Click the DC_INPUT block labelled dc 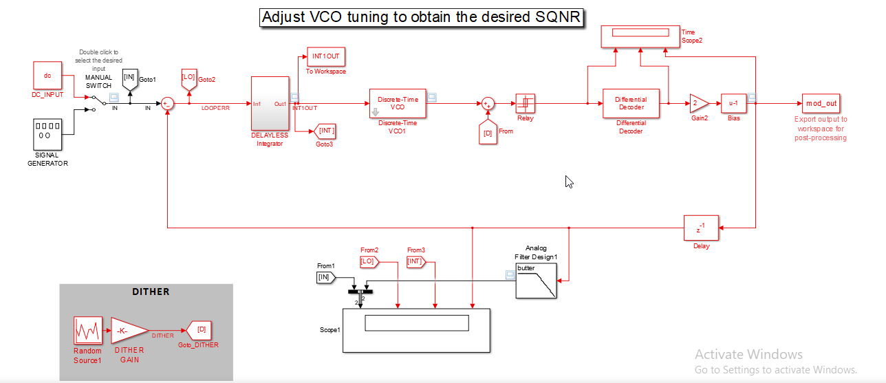[x=47, y=75]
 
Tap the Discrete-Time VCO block [x=398, y=104]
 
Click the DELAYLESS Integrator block [x=270, y=104]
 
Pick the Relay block [x=525, y=104]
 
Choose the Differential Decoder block [x=631, y=104]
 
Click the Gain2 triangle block [x=698, y=104]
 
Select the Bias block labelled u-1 [x=733, y=104]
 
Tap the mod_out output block [x=821, y=104]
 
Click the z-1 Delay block [x=700, y=228]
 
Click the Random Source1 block [x=88, y=331]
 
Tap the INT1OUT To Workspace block [x=326, y=56]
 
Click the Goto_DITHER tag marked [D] [x=200, y=331]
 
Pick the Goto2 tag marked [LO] [x=189, y=78]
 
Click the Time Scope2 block [x=640, y=36]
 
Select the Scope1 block [x=416, y=330]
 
